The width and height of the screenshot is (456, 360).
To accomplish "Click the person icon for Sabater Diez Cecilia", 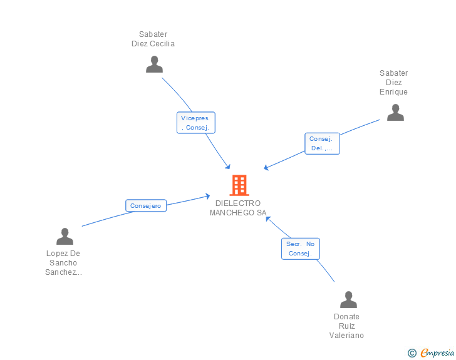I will click(x=154, y=64).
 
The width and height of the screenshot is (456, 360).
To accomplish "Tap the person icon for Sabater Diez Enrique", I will click(x=395, y=113).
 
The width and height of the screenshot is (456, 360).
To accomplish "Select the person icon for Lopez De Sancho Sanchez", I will click(x=65, y=237).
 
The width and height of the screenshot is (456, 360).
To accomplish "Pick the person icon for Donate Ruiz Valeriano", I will click(x=348, y=300).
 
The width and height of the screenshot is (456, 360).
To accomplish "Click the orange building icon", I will click(x=239, y=185).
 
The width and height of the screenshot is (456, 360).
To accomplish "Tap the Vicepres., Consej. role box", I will click(x=196, y=123).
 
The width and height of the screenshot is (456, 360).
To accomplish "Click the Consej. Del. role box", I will click(x=322, y=143).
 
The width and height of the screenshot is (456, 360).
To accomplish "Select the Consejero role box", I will click(x=146, y=205).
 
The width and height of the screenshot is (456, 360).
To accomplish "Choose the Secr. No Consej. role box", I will click(x=301, y=249).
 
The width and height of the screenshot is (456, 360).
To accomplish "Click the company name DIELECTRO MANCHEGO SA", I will click(x=238, y=208).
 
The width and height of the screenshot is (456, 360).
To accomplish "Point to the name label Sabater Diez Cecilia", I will click(x=153, y=39).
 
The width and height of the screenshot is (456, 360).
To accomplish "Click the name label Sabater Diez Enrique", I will click(x=393, y=83).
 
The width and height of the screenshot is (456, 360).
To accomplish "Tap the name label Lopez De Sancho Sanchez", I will click(x=64, y=263).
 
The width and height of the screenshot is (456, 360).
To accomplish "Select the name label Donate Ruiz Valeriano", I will click(x=346, y=326).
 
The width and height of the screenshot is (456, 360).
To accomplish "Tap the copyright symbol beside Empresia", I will click(x=412, y=353).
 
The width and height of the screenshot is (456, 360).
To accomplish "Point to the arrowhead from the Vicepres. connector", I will click(x=228, y=167).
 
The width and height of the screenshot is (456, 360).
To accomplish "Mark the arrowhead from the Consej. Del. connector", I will click(x=266, y=167).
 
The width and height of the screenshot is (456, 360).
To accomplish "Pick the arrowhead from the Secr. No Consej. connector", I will click(x=268, y=218).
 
